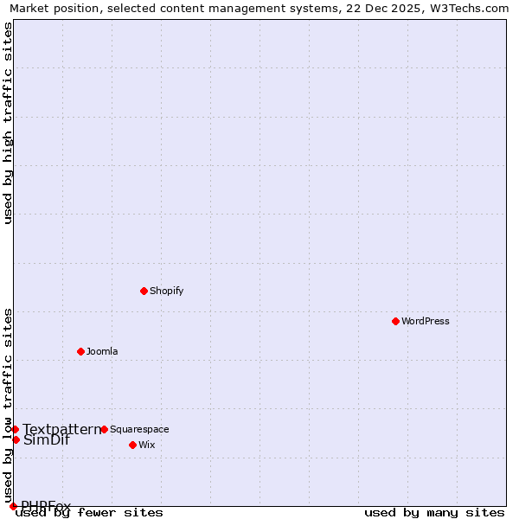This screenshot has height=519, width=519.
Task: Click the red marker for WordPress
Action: pos(395,321)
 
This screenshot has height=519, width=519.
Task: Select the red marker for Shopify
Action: pos(144,291)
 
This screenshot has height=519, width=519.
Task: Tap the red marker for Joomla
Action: pos(80,351)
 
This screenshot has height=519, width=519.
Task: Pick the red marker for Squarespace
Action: pos(104,429)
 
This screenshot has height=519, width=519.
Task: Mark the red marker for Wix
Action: pos(132,445)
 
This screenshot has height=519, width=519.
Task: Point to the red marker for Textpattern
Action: pos(15,429)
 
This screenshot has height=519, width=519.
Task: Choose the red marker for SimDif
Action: pos(16,439)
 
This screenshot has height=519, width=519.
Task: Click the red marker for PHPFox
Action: pos(13,506)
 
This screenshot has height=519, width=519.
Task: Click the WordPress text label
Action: pos(426,321)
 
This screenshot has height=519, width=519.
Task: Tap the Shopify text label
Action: pos(167,291)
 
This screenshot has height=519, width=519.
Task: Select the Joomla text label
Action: pos(102,351)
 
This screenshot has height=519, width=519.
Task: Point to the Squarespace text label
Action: pos(139,429)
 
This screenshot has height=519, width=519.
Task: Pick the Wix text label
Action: pos(147,445)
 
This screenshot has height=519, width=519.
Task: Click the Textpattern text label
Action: pos(61,429)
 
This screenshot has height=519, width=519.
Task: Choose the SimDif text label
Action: pos(47,440)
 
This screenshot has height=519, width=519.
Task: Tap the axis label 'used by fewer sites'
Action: pos(89,513)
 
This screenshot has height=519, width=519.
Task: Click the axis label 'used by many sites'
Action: pos(434,513)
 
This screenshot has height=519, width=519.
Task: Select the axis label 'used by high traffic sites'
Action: pos(8,123)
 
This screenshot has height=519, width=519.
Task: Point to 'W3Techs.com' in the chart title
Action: pos(472,9)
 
